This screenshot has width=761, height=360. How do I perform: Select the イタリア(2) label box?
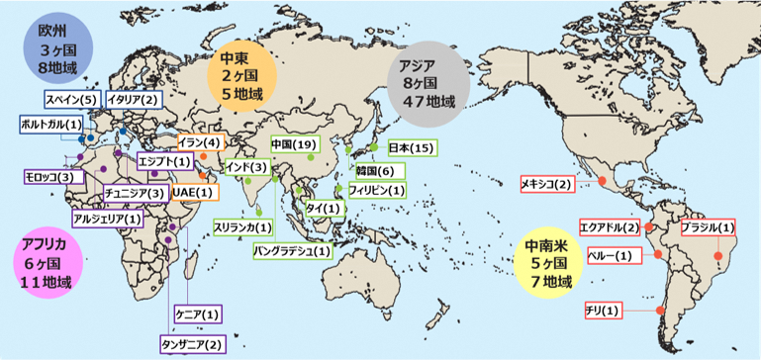[134, 100]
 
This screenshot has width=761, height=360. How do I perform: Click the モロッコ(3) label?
[49, 177]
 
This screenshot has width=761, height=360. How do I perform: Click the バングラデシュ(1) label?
[293, 251]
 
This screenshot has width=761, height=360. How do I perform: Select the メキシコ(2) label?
[546, 184]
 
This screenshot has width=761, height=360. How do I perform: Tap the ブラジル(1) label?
[707, 227]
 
